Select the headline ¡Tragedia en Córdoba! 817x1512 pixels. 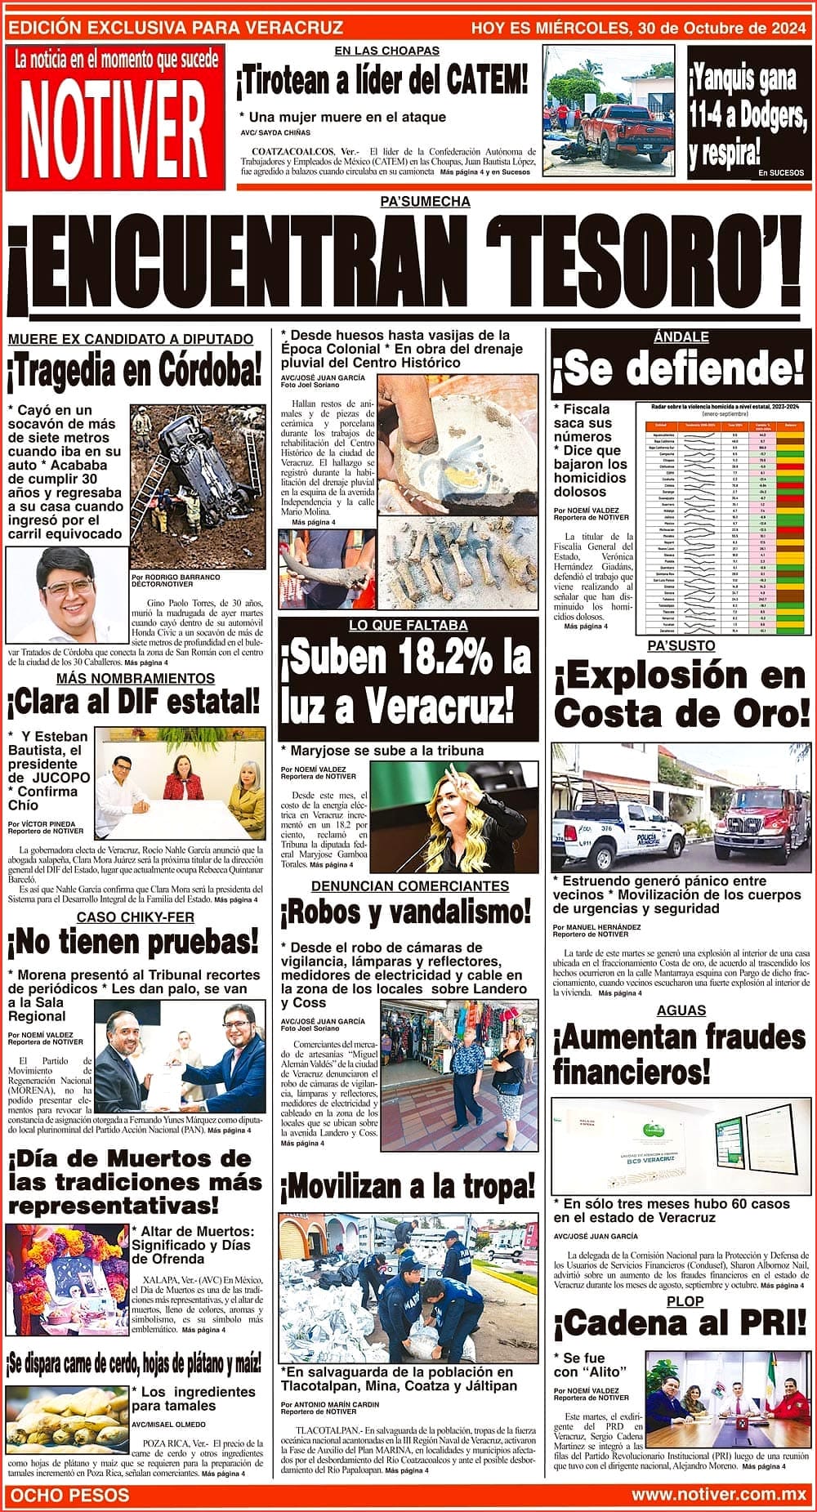[136, 372]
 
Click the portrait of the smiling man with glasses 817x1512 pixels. [67, 594]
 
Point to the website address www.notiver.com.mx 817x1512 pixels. [719, 1495]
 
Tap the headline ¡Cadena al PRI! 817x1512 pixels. [679, 1322]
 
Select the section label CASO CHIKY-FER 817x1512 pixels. [136, 917]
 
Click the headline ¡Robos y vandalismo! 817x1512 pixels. [405, 911]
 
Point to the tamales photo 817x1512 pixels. [67, 1421]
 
